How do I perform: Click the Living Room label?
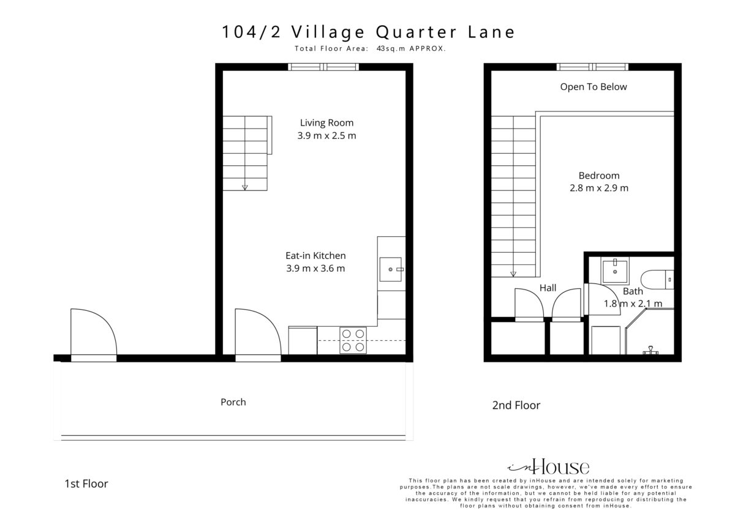(326, 123)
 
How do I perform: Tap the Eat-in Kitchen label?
(315, 256)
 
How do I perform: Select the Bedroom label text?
(599, 176)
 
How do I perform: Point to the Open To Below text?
(594, 87)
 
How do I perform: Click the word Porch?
(233, 402)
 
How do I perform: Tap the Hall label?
(548, 288)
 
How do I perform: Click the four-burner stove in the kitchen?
(353, 340)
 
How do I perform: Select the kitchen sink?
(391, 269)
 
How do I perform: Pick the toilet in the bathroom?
(657, 279)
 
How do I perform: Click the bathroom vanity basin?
(615, 271)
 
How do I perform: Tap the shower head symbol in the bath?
(650, 351)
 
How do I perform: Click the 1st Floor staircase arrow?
(245, 187)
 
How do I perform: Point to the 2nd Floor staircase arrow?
(513, 274)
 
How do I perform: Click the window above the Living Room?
(323, 67)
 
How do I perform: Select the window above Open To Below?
(592, 67)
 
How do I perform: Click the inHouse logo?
(548, 466)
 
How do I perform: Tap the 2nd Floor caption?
(516, 405)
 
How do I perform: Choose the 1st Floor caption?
(86, 484)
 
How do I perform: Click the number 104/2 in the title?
(251, 32)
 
